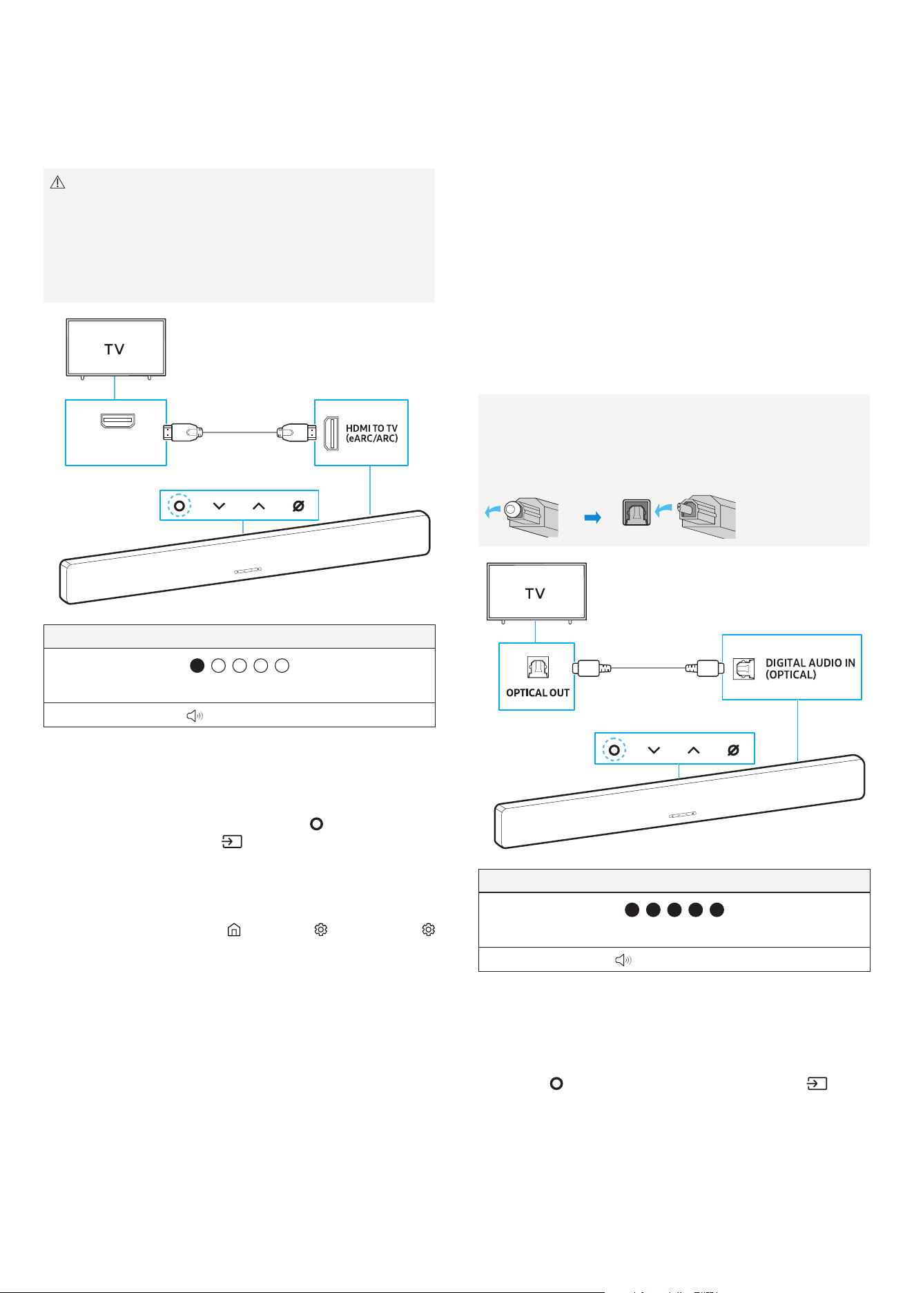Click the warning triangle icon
click(x=58, y=182)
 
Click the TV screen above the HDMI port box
click(x=116, y=347)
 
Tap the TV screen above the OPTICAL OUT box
click(x=536, y=592)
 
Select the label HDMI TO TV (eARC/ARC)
click(x=371, y=433)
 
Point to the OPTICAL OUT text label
click(x=538, y=693)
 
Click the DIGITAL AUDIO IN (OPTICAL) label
click(x=810, y=669)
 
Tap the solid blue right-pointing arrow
click(x=592, y=517)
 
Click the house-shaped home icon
click(x=234, y=930)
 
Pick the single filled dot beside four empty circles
click(x=197, y=666)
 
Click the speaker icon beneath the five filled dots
click(x=623, y=960)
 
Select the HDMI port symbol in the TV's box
click(x=118, y=421)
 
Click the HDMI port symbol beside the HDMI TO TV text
click(x=331, y=434)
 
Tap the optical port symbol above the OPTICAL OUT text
click(x=538, y=667)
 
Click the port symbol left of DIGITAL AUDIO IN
click(x=743, y=669)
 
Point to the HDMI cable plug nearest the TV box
click(x=183, y=433)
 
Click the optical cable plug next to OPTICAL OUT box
click(x=592, y=669)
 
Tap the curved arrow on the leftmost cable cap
click(x=493, y=512)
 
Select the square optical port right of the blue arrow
click(x=636, y=513)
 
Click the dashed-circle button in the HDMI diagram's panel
click(x=179, y=506)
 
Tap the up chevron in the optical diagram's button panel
click(x=694, y=750)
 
